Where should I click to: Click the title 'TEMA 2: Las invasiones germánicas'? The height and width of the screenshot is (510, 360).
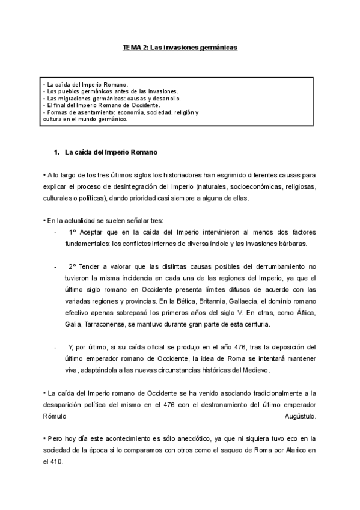(x=180, y=46)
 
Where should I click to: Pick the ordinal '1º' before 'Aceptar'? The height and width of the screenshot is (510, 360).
(x=72, y=232)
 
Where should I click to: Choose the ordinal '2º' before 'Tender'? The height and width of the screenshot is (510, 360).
(x=72, y=266)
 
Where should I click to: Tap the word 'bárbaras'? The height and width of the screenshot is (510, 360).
(x=290, y=244)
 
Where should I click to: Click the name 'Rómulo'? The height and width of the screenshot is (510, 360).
(x=55, y=416)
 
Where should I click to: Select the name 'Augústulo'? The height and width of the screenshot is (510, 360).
(x=299, y=416)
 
